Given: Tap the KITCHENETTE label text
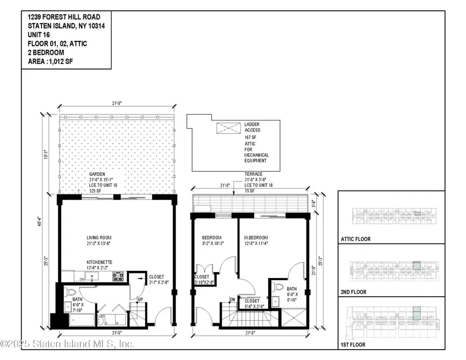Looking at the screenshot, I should coord(100,263).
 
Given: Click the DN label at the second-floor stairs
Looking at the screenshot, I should coord(233,299).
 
